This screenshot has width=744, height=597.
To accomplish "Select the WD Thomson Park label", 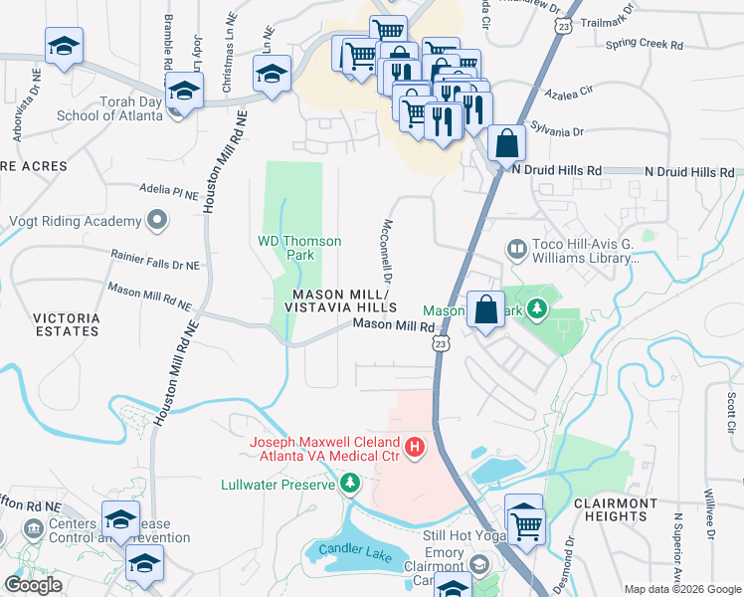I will (x=299, y=248).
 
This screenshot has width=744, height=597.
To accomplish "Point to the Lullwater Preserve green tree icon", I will (x=349, y=484).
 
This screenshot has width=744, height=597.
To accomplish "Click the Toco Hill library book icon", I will (x=516, y=248).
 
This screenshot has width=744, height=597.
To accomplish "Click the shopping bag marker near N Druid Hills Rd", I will (x=506, y=142).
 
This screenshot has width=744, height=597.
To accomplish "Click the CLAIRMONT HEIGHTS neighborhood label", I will (x=616, y=509).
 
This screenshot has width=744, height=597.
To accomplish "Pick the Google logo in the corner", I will (x=32, y=585).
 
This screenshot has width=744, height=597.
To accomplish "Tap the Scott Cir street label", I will (x=730, y=412).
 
